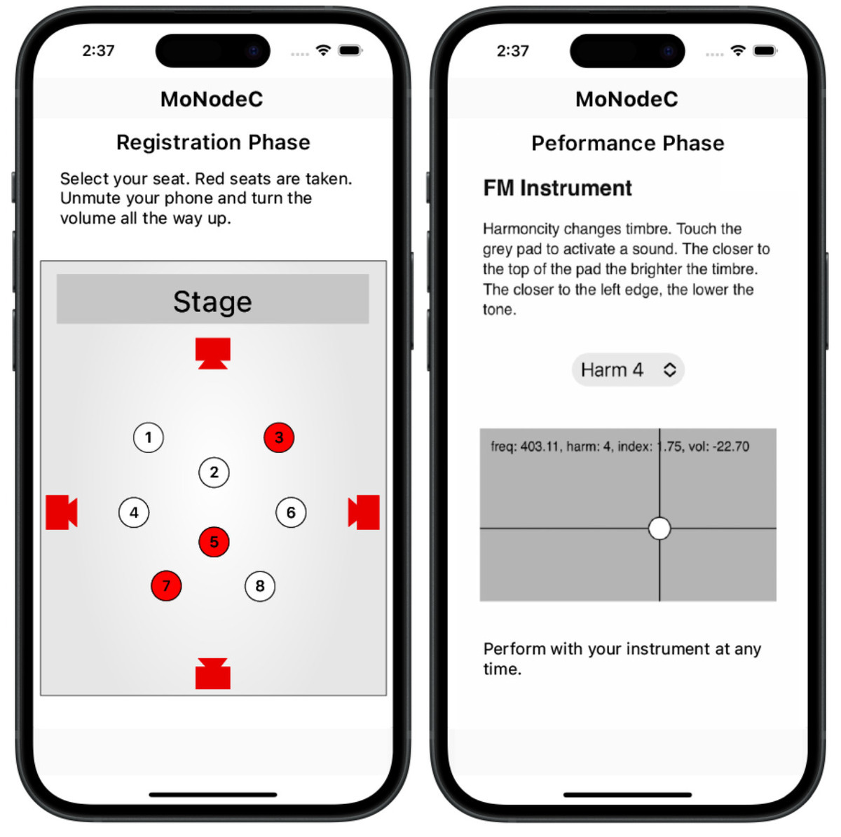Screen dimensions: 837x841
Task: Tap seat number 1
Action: tap(148, 437)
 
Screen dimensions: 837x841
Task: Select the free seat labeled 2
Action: tap(214, 472)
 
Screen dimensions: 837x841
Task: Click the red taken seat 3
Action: tap(279, 437)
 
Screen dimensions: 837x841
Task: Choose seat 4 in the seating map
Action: tap(134, 512)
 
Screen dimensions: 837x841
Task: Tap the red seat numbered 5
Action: tap(214, 542)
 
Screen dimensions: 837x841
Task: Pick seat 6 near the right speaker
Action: tap(291, 512)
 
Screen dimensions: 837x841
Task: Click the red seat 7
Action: tap(166, 586)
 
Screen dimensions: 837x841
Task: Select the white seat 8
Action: tap(260, 586)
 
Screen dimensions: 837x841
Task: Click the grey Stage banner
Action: tap(212, 299)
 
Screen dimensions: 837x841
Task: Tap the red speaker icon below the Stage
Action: tap(213, 353)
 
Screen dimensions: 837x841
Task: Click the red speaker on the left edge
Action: tap(61, 512)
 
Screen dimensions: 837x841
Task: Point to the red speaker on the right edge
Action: tap(364, 512)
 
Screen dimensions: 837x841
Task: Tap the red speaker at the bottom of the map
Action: tap(213, 674)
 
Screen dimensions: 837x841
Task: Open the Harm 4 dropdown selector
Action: tap(627, 369)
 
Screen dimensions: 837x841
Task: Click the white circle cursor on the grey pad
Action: tap(659, 529)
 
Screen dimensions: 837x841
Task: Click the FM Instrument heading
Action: tap(557, 188)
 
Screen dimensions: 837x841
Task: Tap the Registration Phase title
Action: tap(213, 142)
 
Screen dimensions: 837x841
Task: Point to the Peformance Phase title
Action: tap(627, 143)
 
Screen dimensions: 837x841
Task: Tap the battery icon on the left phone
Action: tap(349, 50)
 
